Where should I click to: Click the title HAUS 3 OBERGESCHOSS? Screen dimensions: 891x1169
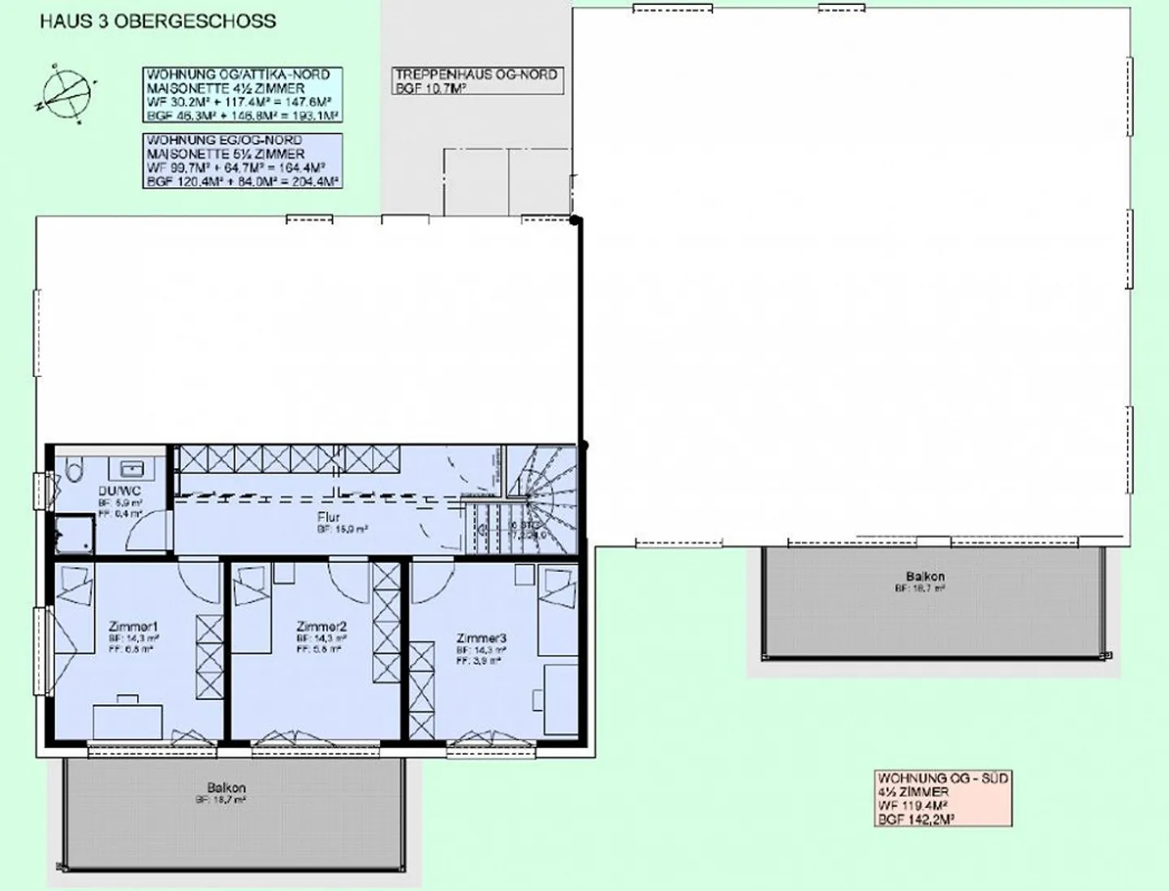pyautogui.click(x=157, y=21)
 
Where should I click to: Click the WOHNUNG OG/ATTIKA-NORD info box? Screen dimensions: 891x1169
pyautogui.click(x=242, y=95)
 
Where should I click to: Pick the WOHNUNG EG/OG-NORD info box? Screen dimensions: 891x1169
pyautogui.click(x=242, y=161)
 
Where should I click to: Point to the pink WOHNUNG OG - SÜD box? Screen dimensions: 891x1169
pyautogui.click(x=943, y=798)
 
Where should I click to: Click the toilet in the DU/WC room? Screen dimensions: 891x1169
pyautogui.click(x=74, y=469)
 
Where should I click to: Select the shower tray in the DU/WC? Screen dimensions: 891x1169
pyautogui.click(x=74, y=534)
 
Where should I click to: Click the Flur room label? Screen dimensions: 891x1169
pyautogui.click(x=329, y=517)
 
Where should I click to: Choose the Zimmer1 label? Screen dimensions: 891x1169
pyautogui.click(x=134, y=626)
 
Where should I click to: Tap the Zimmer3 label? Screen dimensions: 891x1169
pyautogui.click(x=481, y=638)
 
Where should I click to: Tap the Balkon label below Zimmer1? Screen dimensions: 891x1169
pyautogui.click(x=226, y=787)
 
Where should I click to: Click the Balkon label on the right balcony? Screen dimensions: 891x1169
pyautogui.click(x=925, y=576)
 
